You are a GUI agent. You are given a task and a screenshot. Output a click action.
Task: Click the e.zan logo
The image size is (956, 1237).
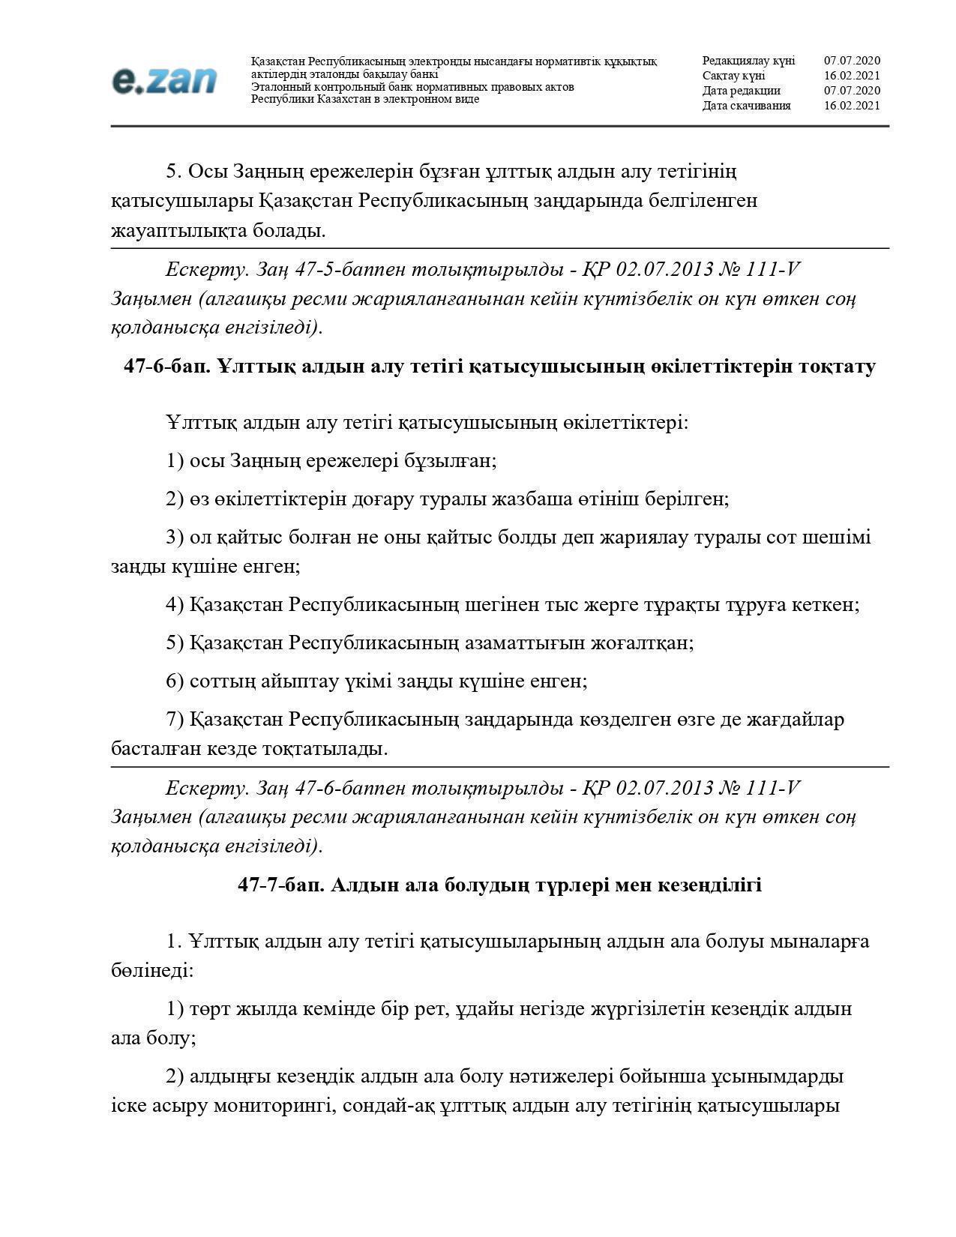pos(163,80)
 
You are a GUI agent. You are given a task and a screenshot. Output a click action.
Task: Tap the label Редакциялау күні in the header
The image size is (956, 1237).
pos(748,61)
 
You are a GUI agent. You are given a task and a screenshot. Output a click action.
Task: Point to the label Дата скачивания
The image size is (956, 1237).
pos(746,106)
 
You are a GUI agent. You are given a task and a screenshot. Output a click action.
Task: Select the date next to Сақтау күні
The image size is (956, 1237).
pos(852,76)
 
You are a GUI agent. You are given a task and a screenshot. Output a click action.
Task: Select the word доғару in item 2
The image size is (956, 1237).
pos(382,499)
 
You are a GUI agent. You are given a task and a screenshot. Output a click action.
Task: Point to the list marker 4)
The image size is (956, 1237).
pos(175,605)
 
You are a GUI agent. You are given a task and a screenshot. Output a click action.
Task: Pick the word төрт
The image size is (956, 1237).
pos(210,1009)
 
